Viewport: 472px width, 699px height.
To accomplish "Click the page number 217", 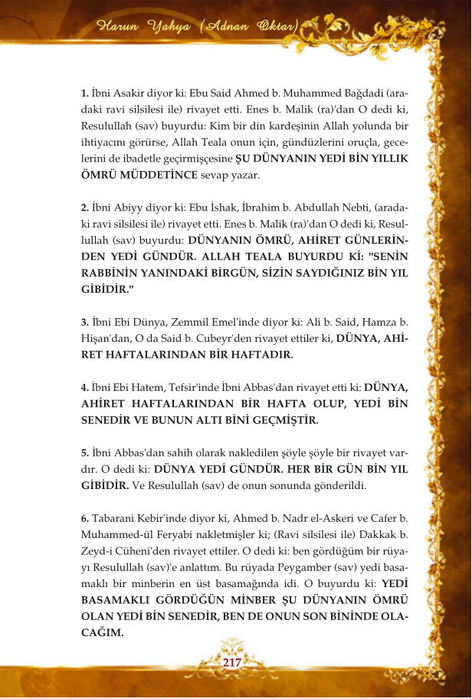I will pos(231,662).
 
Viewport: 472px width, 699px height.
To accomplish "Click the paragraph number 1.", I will pos(84,93).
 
